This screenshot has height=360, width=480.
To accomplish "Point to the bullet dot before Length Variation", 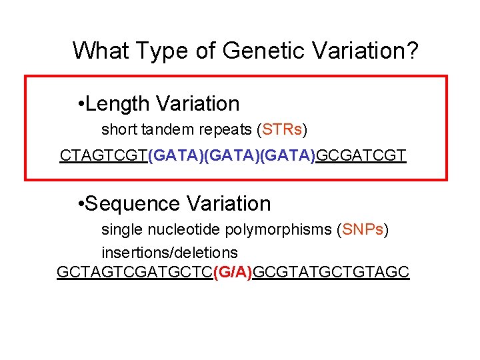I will tap(80, 105).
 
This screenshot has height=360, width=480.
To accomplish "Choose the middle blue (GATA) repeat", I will tap(232, 156).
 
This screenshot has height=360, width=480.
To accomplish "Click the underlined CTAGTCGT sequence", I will tap(104, 156).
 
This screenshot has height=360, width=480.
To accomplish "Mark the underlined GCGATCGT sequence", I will tap(361, 156).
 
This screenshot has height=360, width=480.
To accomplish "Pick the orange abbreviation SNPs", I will tap(362, 230).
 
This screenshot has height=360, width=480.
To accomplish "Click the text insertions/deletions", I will tap(169, 253).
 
